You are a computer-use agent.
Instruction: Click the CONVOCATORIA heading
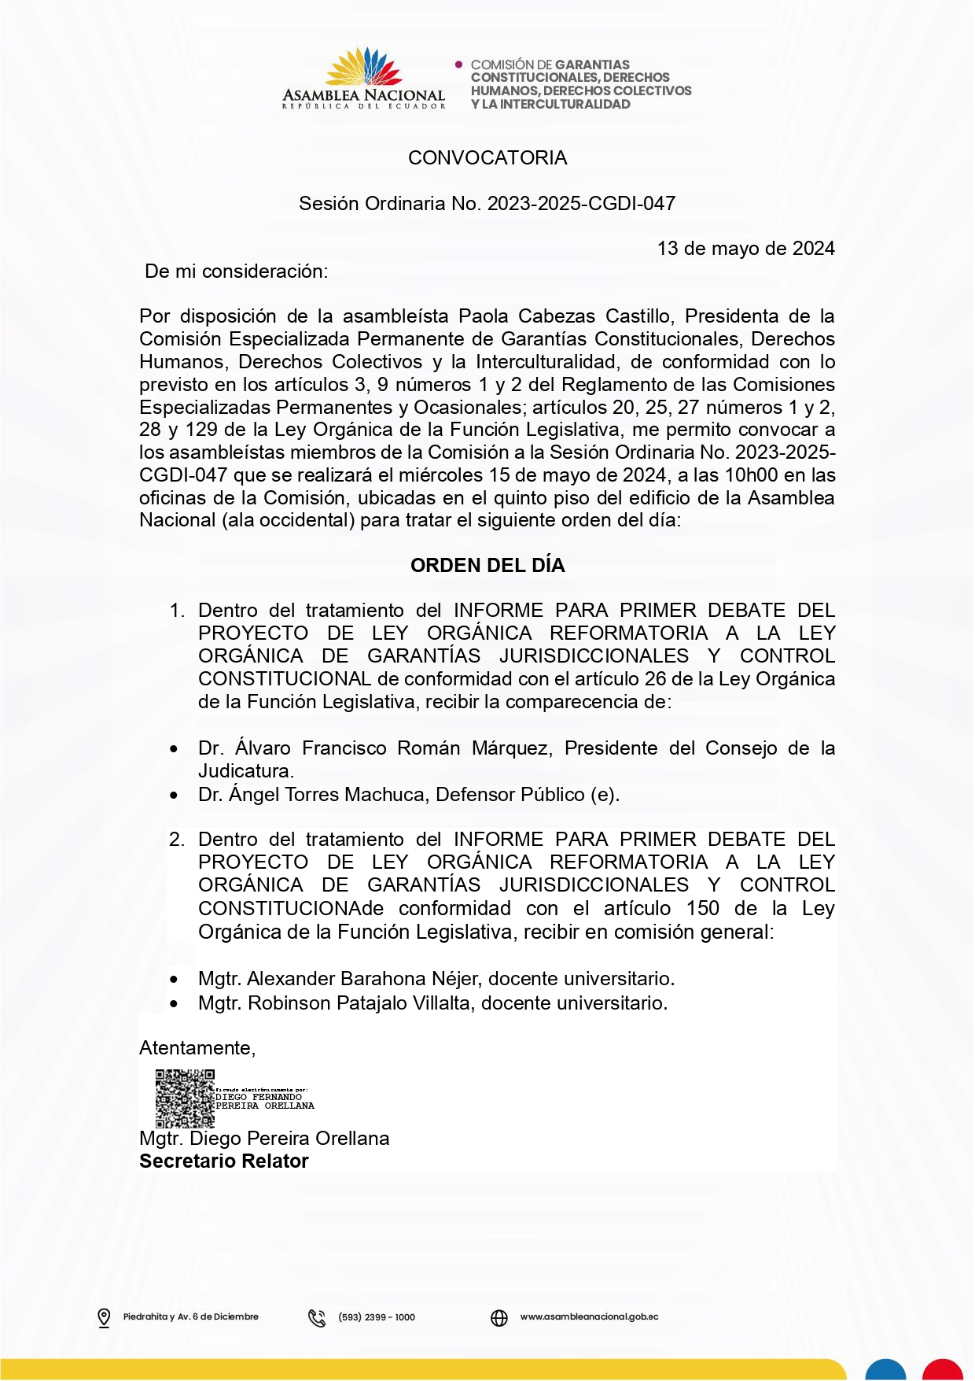pyautogui.click(x=487, y=158)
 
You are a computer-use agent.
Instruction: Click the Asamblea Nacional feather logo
pyautogui.click(x=363, y=68)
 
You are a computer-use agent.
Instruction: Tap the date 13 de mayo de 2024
pyautogui.click(x=745, y=249)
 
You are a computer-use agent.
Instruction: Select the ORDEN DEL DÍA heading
pyautogui.click(x=487, y=566)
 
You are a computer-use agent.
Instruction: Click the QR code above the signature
pyautogui.click(x=185, y=1099)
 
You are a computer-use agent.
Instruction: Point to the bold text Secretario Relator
pyautogui.click(x=224, y=1161)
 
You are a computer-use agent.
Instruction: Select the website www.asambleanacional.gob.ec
pyautogui.click(x=589, y=1317)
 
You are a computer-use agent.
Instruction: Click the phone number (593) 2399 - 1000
pyautogui.click(x=377, y=1317)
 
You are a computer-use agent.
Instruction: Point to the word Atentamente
pyautogui.click(x=197, y=1048)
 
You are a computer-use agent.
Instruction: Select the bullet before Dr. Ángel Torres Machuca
pyautogui.click(x=174, y=796)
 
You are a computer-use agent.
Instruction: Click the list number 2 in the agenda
pyautogui.click(x=177, y=840)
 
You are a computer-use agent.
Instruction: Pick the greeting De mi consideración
pyautogui.click(x=237, y=271)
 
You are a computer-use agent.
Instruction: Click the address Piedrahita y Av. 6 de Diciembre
pyautogui.click(x=191, y=1317)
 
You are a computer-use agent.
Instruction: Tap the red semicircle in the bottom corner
pyautogui.click(x=943, y=1370)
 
